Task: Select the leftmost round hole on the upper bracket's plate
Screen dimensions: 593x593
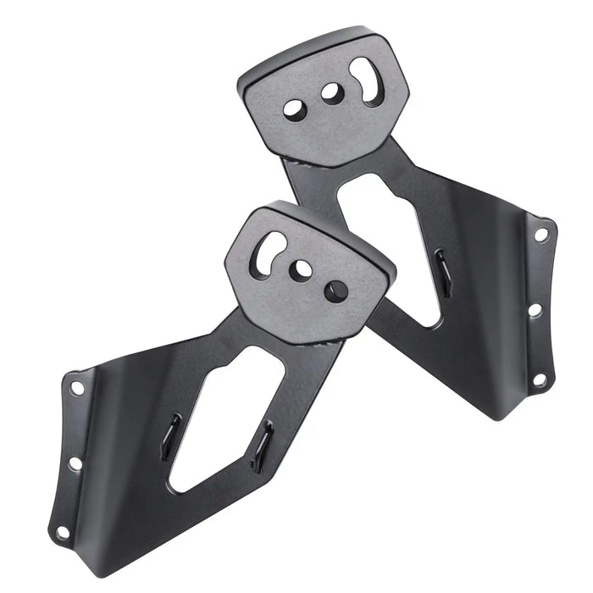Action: [295, 109]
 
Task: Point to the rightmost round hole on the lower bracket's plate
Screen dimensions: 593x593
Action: [337, 290]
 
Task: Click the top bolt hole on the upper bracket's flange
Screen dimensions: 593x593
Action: [540, 235]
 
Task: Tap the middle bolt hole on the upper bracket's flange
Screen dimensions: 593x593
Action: [535, 311]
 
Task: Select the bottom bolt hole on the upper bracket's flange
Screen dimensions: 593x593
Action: [539, 380]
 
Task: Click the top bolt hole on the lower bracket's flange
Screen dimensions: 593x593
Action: [77, 388]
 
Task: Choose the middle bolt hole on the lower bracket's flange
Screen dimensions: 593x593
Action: [75, 463]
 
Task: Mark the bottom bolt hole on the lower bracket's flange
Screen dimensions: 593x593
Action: [62, 533]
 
